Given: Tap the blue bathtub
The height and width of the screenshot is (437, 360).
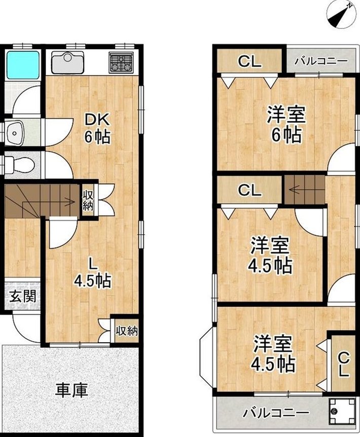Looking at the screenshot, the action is click(23, 65).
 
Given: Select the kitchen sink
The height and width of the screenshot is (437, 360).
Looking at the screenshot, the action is click(68, 62).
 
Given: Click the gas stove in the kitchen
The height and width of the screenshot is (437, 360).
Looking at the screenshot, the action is click(121, 62).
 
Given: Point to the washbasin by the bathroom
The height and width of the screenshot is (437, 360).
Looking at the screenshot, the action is click(16, 133).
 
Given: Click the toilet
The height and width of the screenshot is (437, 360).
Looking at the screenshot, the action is click(19, 164).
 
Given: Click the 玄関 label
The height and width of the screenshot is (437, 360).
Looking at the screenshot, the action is click(23, 297).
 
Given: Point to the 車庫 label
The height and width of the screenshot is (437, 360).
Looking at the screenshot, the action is click(71, 390).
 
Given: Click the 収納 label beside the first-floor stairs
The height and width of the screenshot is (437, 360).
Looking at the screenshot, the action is click(88, 201).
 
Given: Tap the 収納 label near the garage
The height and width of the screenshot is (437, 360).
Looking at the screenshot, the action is click(127, 331).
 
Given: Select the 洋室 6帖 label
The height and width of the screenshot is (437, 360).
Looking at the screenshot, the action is click(286, 124).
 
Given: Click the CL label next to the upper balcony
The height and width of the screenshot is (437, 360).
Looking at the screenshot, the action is click(250, 61).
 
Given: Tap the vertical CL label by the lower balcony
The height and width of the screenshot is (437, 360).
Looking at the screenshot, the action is click(344, 365).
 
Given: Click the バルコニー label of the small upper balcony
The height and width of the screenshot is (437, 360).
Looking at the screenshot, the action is click(321, 61).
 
